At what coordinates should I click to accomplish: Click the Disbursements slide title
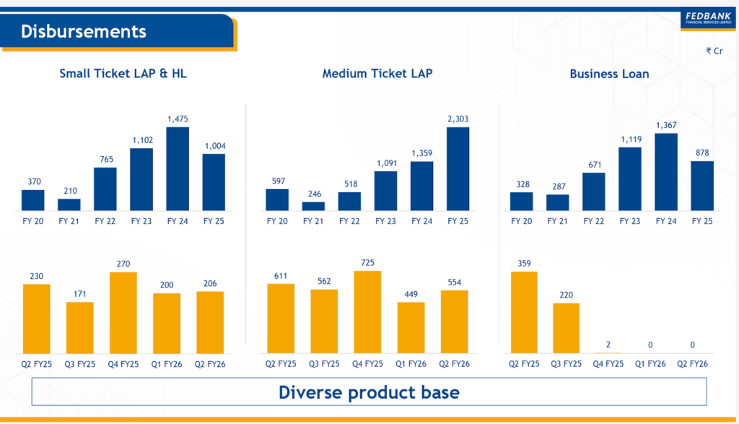pos(83,31)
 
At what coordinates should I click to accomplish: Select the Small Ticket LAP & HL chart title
pos(123,74)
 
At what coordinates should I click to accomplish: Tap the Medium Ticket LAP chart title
pos(377,74)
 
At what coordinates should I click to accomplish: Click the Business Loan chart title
pos(609,74)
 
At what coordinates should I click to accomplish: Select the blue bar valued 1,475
pos(178,168)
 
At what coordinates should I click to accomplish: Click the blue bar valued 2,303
pos(458,168)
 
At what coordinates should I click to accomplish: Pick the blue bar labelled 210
pos(69,204)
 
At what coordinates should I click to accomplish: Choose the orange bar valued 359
pos(524,312)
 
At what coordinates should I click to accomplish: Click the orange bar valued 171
pos(80,327)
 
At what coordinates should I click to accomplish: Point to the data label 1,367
pos(666,126)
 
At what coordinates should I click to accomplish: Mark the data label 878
pos(702,153)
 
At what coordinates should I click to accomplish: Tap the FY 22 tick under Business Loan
pos(593,221)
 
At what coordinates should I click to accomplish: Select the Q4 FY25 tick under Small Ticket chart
pos(123,364)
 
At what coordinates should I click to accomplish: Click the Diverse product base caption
pos(369,393)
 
